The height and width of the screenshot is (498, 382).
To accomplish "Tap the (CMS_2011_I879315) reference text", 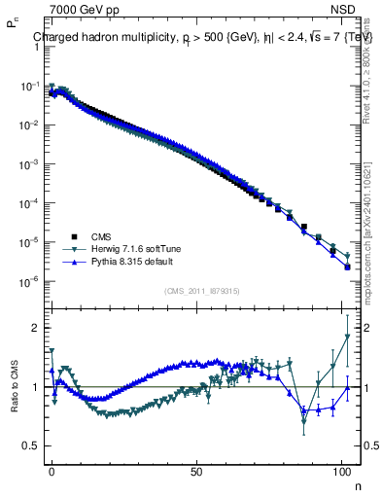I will tap(203, 290).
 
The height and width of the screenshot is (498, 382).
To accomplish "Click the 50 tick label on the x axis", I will tap(197, 470).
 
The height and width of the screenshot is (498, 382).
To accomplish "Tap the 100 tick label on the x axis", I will tap(342, 470).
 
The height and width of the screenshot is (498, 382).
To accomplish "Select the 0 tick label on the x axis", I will tap(52, 470).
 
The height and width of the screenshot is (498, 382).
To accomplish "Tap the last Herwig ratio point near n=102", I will tap(347, 337).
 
